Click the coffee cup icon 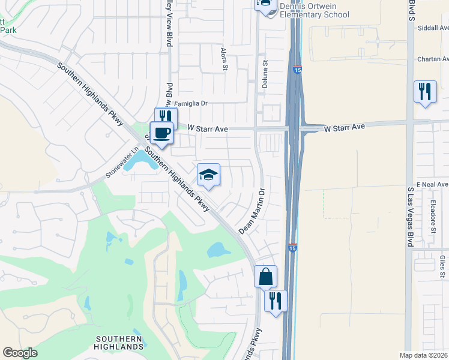click(x=161, y=133)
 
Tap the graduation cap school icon click(x=208, y=175)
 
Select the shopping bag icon click(x=265, y=277)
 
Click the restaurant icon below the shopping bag click(x=276, y=301)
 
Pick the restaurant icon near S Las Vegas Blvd click(x=425, y=92)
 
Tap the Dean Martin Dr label click(x=252, y=212)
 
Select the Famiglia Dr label click(x=190, y=103)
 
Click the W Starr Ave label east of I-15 click(x=345, y=127)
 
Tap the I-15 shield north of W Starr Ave click(x=298, y=70)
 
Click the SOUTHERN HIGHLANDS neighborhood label click(x=119, y=343)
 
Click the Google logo click(x=20, y=353)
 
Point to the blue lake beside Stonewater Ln click(x=140, y=160)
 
